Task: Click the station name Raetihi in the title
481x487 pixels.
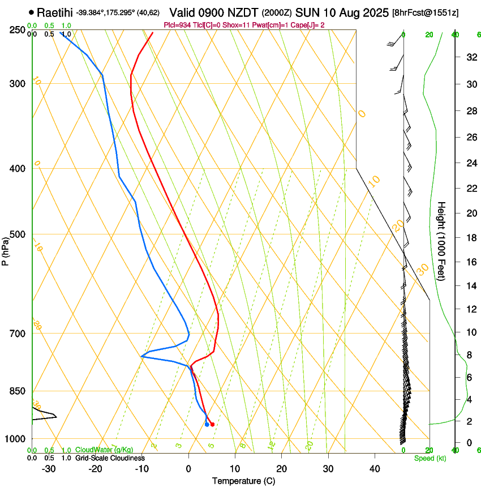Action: (x=55, y=12)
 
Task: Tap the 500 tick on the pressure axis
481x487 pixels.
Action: (x=18, y=234)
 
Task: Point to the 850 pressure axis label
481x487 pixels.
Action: (x=18, y=391)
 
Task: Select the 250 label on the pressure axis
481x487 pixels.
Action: (x=18, y=30)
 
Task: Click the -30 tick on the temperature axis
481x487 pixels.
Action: (x=49, y=468)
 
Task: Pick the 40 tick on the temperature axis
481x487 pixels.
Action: (x=375, y=468)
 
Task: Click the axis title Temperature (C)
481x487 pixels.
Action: (x=243, y=481)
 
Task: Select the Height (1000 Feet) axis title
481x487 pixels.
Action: (x=442, y=241)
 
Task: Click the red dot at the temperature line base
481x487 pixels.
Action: (x=212, y=424)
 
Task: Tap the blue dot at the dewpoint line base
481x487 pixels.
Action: (x=207, y=424)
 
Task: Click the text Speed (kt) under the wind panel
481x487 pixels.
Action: (x=430, y=458)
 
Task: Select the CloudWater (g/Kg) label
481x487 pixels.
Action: (x=104, y=450)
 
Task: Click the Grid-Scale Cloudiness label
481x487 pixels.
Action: (x=110, y=458)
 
